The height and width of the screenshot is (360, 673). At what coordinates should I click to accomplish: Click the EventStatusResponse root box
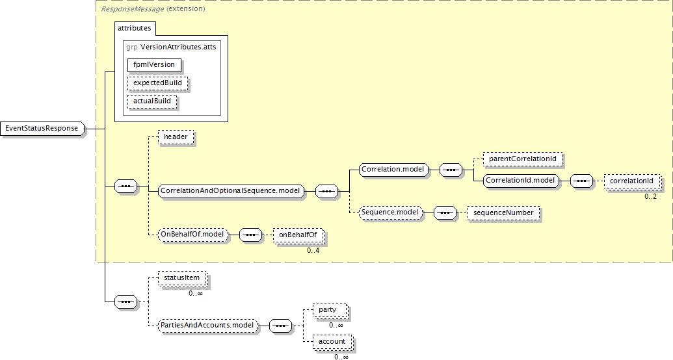[42, 129]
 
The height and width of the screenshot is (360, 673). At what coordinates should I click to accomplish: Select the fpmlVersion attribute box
[154, 65]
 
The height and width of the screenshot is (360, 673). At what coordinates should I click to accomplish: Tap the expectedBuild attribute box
[157, 83]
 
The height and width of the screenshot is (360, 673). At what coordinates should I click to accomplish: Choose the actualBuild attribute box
[153, 101]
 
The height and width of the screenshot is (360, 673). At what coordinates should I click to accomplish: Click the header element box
[176, 137]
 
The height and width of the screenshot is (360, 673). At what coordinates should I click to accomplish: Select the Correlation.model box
[393, 170]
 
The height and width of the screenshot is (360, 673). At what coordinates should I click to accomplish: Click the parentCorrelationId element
[522, 159]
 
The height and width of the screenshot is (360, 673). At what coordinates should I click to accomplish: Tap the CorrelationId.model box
[521, 180]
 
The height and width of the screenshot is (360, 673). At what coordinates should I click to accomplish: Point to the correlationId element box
[631, 181]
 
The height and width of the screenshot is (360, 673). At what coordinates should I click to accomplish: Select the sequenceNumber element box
[503, 212]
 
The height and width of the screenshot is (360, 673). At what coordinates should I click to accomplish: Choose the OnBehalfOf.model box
[194, 235]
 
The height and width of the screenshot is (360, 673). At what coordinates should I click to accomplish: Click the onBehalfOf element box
[298, 235]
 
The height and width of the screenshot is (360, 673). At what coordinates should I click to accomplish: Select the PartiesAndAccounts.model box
[208, 324]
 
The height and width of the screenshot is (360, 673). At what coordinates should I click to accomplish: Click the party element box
[328, 310]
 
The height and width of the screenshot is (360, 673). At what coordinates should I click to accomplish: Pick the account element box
[332, 341]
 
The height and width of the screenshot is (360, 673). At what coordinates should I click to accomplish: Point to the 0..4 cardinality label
[313, 250]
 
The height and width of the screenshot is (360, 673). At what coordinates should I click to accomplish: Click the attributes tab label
[134, 29]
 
